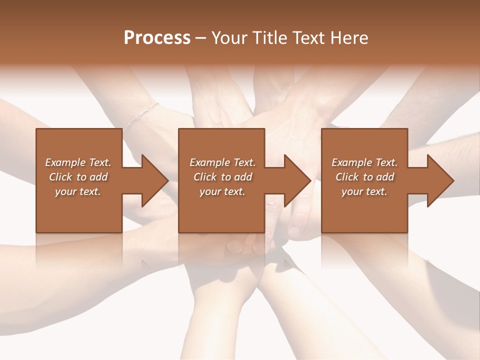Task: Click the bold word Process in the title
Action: pos(157,38)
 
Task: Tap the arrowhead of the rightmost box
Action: pos(439,180)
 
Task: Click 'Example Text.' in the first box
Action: pos(78,162)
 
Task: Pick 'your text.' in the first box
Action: pos(78,191)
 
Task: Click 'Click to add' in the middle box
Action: pos(222,177)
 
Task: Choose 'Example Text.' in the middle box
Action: pos(222,162)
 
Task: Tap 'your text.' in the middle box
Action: pos(222,191)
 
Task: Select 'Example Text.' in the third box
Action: pos(364,162)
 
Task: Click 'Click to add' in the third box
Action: pos(364,177)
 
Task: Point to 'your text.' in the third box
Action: pos(364,191)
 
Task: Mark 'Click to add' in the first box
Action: pos(78,177)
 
